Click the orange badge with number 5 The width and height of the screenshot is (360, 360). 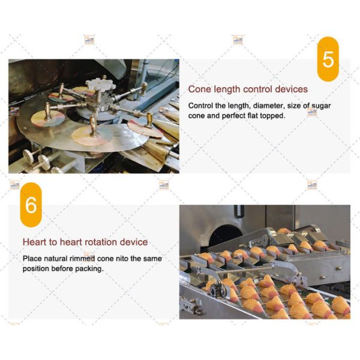tap(328, 58)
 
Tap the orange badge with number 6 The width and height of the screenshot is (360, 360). tap(31, 205)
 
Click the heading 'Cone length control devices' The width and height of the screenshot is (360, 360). tap(248, 89)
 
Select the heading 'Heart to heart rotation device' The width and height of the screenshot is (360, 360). tap(85, 242)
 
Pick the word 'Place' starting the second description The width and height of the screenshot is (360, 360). tap(33, 259)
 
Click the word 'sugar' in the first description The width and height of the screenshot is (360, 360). tap(320, 106)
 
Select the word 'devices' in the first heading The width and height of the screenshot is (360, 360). tap(291, 89)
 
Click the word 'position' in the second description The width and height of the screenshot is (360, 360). tap(38, 268)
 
